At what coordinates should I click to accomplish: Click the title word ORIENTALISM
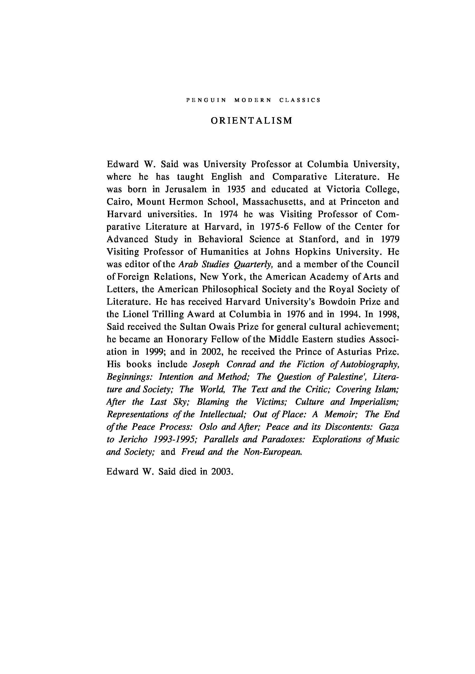point(252,121)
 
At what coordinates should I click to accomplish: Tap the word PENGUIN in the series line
point(206,100)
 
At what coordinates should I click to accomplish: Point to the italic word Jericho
point(132,439)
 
